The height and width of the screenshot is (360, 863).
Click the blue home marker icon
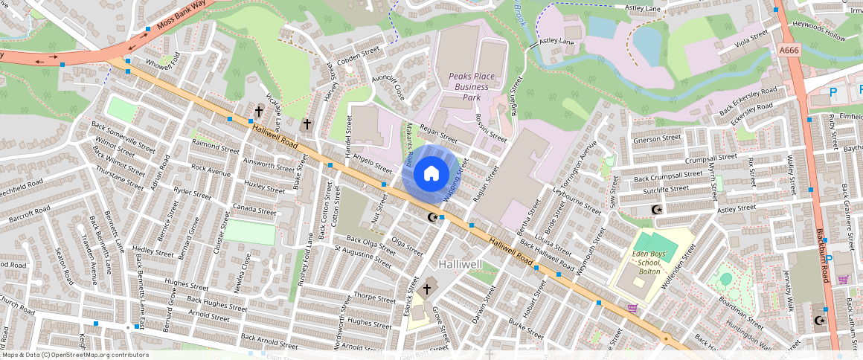click(431, 173)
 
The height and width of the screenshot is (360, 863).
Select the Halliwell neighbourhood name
click(461, 265)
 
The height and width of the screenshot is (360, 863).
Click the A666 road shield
click(790, 50)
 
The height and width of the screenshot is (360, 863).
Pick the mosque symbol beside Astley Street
click(655, 210)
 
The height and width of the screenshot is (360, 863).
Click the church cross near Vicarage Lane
click(259, 112)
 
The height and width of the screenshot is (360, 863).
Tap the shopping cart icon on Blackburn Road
click(843, 279)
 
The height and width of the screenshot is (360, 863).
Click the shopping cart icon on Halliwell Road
click(632, 307)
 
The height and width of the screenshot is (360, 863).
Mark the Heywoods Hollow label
click(819, 30)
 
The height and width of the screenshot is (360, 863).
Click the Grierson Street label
click(657, 138)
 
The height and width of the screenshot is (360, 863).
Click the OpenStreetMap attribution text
click(75, 355)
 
